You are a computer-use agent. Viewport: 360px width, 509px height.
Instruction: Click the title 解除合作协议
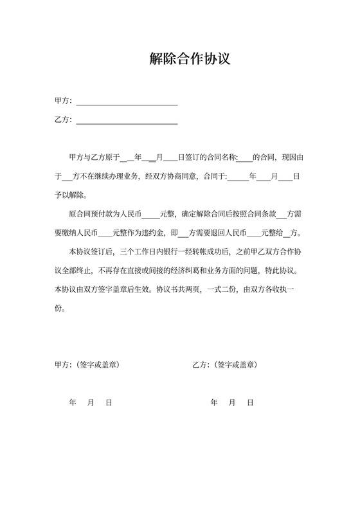point(180,60)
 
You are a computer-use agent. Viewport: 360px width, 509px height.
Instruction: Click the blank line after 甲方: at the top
point(127,101)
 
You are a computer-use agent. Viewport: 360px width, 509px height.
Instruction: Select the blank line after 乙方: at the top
point(127,120)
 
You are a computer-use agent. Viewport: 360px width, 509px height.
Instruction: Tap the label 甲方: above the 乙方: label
point(64,101)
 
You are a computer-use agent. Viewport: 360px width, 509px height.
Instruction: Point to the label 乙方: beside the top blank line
point(64,120)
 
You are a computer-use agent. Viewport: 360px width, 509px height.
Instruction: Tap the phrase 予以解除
point(69,194)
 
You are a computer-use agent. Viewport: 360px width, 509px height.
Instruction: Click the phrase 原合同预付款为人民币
point(105,213)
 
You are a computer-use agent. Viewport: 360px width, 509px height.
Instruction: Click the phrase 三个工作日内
point(138,251)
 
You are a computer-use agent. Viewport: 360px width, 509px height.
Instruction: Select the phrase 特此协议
point(280,270)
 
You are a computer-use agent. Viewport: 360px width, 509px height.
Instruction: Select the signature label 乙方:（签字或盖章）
point(225,364)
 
